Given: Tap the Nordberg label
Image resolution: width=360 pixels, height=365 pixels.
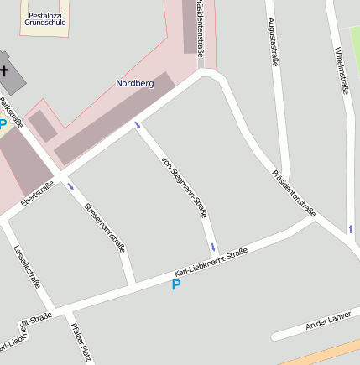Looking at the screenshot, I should pyautogui.click(x=134, y=83).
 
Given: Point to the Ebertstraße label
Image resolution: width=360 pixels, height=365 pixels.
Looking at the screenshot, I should pyautogui.click(x=38, y=196).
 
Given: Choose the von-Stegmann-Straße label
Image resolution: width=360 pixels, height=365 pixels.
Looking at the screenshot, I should pyautogui.click(x=184, y=187).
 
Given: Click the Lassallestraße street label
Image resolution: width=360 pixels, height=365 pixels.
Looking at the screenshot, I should pyautogui.click(x=28, y=266).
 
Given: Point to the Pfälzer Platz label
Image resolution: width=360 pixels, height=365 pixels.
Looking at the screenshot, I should pyautogui.click(x=81, y=342).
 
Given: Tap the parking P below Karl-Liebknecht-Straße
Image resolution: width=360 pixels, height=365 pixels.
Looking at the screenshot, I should pyautogui.click(x=176, y=285).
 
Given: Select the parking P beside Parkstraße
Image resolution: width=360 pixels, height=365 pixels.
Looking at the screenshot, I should pyautogui.click(x=3, y=125).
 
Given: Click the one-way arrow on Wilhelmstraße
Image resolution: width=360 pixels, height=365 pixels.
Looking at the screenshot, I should pyautogui.click(x=350, y=227).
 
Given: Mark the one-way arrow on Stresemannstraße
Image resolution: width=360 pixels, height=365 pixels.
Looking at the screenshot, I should pyautogui.click(x=70, y=186).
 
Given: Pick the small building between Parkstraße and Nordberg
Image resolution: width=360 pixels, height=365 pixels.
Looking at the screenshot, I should pyautogui.click(x=42, y=126).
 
